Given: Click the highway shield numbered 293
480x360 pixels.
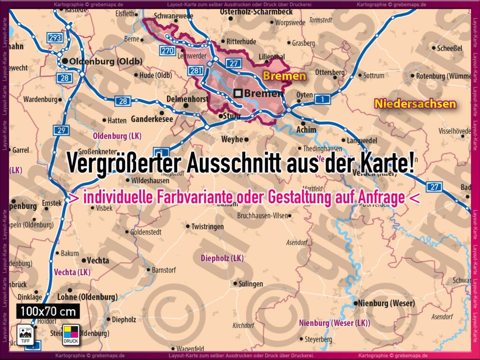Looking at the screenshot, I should click(55, 37).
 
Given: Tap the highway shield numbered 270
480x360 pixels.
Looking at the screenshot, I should click(168, 51).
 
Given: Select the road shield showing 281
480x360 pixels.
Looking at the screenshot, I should click(195, 71).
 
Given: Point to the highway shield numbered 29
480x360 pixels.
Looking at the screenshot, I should click(60, 130).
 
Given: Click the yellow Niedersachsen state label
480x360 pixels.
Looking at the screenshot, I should click(415, 104).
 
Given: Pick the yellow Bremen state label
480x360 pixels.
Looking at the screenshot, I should click(284, 76).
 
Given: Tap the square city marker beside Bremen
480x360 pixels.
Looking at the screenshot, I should click(239, 93).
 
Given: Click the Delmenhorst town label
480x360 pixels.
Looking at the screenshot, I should click(187, 99).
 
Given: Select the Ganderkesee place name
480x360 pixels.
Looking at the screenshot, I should click(152, 119).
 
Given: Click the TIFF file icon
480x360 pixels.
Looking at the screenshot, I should click(25, 334).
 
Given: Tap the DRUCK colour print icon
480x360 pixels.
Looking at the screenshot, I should click(71, 334).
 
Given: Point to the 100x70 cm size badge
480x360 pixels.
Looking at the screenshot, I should click(48, 311).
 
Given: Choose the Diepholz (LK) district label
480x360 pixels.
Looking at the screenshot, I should click(222, 258).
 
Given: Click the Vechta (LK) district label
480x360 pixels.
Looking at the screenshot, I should click(72, 272).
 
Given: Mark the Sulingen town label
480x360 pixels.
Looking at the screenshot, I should click(251, 284).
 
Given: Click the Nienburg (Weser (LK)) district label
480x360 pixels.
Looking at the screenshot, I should click(334, 323).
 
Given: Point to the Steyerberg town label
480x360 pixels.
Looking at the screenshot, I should click(318, 339).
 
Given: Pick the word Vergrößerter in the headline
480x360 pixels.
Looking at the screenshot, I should click(123, 163).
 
